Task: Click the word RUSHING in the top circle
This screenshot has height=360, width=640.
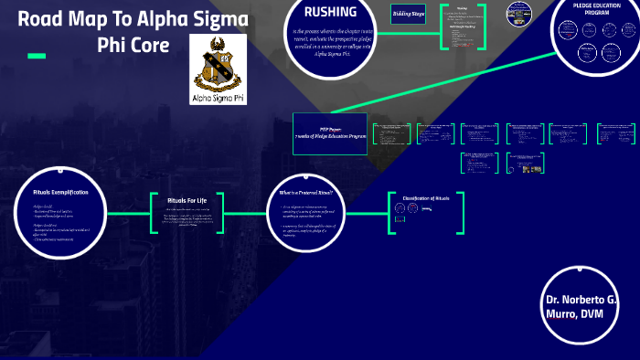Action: click(331, 13)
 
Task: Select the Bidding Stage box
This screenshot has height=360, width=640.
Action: click(408, 14)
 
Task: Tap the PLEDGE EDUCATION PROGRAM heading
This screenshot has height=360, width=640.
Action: click(596, 9)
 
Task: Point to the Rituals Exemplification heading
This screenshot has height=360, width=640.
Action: click(59, 192)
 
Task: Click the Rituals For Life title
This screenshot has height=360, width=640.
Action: click(187, 200)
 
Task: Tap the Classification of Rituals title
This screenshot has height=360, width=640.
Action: click(426, 198)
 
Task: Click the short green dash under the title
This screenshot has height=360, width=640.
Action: click(37, 56)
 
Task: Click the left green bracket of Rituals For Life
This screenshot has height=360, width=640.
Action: click(153, 217)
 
